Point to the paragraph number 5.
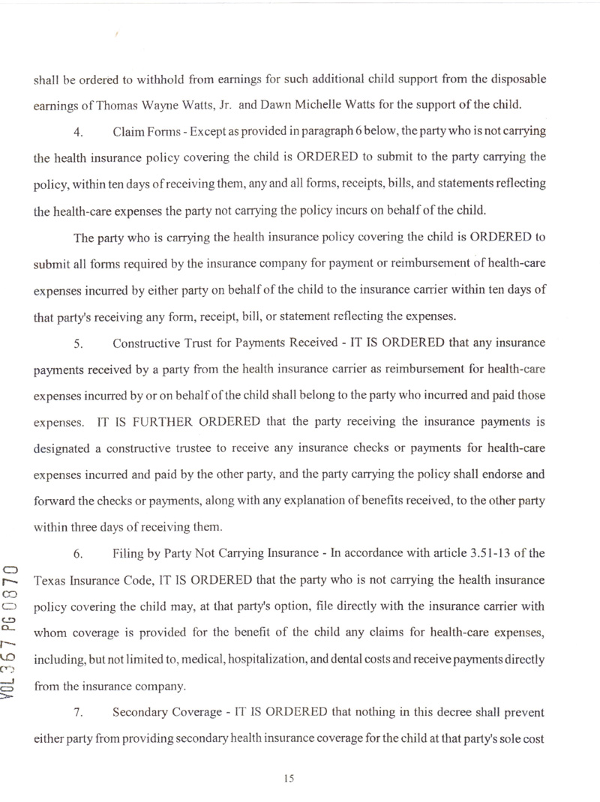(78, 344)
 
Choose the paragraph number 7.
(78, 712)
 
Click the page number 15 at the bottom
(289, 778)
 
